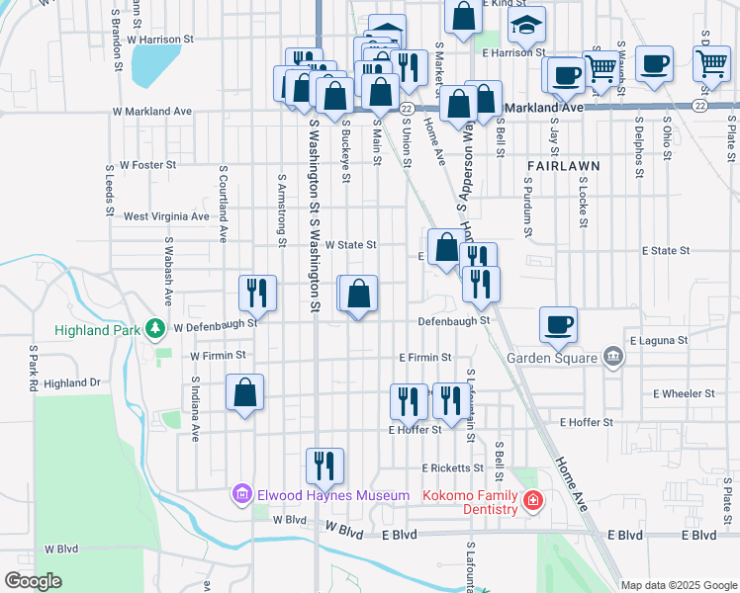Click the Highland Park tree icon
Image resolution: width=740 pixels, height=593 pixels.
click(x=154, y=327)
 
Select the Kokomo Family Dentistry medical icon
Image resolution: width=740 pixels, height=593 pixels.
click(x=533, y=501)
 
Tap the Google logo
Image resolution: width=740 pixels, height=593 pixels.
click(x=33, y=580)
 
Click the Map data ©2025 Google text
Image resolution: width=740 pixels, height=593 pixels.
click(x=679, y=585)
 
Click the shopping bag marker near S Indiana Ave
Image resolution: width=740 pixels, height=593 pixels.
click(x=244, y=392)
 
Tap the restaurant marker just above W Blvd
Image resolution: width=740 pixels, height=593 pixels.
click(x=324, y=466)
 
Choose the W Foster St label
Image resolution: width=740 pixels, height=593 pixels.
click(x=147, y=165)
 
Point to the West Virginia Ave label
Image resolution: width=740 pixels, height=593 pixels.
click(x=166, y=216)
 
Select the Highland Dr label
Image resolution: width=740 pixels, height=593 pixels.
click(x=72, y=383)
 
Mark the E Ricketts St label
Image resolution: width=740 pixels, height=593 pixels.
click(x=452, y=467)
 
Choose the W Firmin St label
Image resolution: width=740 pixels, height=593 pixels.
click(x=218, y=355)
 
